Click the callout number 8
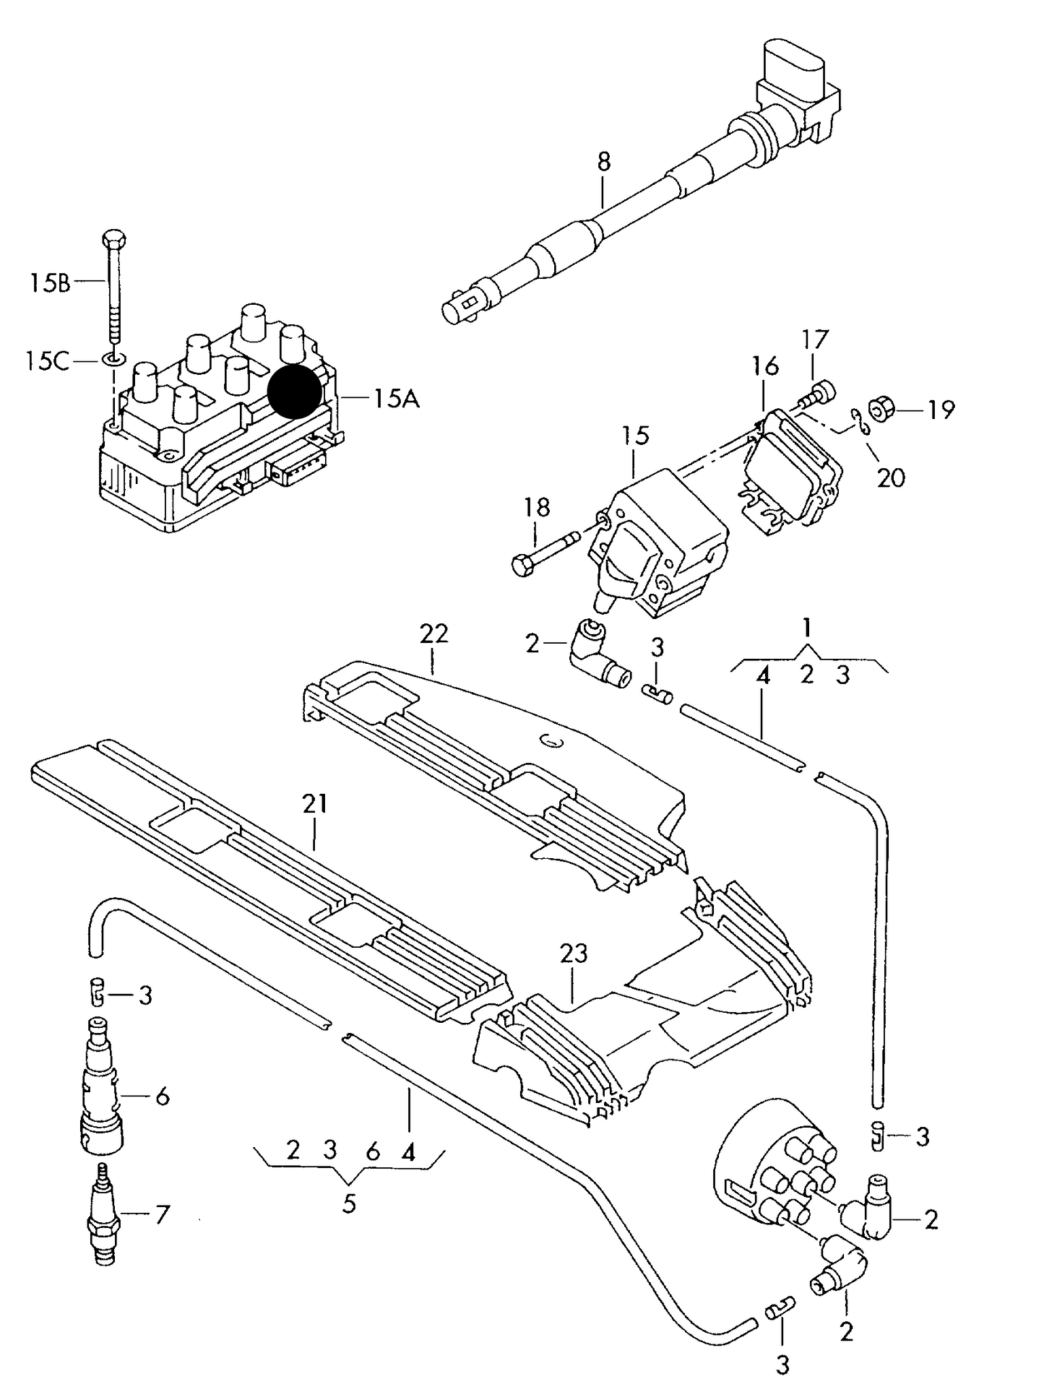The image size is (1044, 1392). point(603,161)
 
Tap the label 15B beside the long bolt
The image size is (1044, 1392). point(50,282)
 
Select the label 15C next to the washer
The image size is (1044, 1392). point(48,360)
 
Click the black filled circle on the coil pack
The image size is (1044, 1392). point(294,391)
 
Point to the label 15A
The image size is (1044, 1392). point(396,398)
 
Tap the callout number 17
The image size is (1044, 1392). point(815,340)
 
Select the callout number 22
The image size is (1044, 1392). point(433,634)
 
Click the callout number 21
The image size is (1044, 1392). point(315,803)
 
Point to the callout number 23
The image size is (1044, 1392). point(574,954)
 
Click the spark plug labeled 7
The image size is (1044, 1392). point(103,1222)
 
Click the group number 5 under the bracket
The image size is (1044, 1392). point(349,1204)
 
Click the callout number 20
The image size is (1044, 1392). point(890,477)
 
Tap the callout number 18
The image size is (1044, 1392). point(537,506)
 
